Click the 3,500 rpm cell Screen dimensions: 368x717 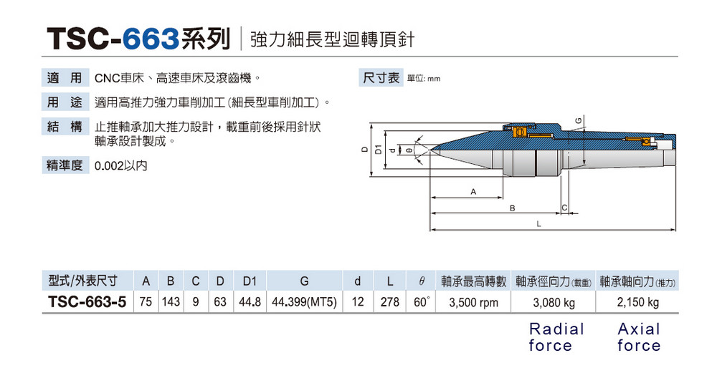pyautogui.click(x=473, y=303)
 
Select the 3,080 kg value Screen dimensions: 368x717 pyautogui.click(x=554, y=303)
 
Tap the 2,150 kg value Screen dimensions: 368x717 pyautogui.click(x=637, y=303)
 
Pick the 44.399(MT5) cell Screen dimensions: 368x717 pyautogui.click(x=304, y=303)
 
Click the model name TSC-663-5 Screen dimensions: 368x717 pyautogui.click(x=87, y=303)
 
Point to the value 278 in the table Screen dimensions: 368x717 pyautogui.click(x=389, y=303)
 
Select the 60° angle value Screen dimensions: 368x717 pyautogui.click(x=421, y=303)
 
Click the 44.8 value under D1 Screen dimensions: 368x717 pyautogui.click(x=250, y=303)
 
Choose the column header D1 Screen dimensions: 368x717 pyautogui.click(x=250, y=281)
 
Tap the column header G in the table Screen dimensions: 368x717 pyautogui.click(x=304, y=281)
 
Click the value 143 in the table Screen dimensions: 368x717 pyautogui.click(x=171, y=303)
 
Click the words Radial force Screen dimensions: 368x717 pyautogui.click(x=556, y=337)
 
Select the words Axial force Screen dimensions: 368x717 pyautogui.click(x=638, y=337)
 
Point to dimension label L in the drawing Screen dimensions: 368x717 pyautogui.click(x=538, y=225)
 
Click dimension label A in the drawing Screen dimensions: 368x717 pyautogui.click(x=473, y=192)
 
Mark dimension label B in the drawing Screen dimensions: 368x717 pyautogui.click(x=513, y=208)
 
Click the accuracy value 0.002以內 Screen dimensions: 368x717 pyautogui.click(x=120, y=165)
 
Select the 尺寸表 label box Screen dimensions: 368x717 pyautogui.click(x=381, y=77)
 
